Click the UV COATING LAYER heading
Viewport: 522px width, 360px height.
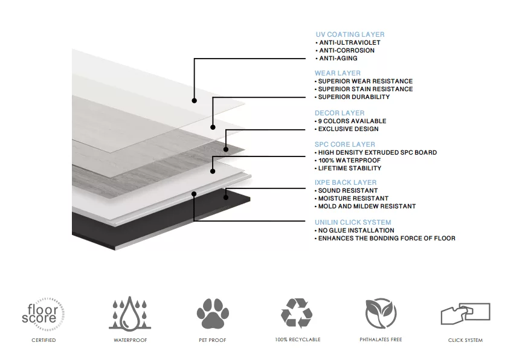pos(350,34)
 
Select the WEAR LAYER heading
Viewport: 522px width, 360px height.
pos(338,73)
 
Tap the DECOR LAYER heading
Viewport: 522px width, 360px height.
pos(340,113)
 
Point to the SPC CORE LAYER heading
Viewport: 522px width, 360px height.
pos(345,144)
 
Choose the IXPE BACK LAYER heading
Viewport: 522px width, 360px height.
pos(346,182)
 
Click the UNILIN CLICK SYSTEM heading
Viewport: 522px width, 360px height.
pos(353,222)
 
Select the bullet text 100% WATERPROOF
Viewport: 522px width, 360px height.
pos(349,161)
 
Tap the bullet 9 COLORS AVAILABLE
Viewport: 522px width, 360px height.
pos(352,121)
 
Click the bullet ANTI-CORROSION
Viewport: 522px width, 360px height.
pos(347,51)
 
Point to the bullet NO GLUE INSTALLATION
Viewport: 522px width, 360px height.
pos(356,230)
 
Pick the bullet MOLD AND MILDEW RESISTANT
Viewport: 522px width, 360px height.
pos(367,207)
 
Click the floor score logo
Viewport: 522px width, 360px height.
pos(43,314)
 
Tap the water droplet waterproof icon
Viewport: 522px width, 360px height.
pos(130,313)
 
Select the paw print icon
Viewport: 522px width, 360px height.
pos(213,313)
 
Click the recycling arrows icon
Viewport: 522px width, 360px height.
pos(296,313)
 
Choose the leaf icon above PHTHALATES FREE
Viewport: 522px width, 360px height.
pos(381,313)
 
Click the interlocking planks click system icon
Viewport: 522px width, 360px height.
pos(465,313)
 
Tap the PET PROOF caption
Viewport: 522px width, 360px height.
pos(213,340)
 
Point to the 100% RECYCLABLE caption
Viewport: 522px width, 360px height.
pos(298,339)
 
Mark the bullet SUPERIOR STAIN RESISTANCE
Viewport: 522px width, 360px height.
pos(366,89)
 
